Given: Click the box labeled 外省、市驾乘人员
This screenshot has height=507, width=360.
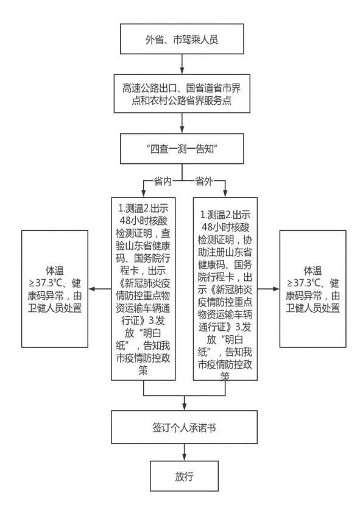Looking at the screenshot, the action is pyautogui.click(x=182, y=39).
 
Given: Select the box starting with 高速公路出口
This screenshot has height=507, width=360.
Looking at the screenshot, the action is pyautogui.click(x=182, y=94).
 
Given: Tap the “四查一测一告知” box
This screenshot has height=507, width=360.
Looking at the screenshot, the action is pyautogui.click(x=182, y=149).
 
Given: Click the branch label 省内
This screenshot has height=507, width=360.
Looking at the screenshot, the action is pyautogui.click(x=163, y=182).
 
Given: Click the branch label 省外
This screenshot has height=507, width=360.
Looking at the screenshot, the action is pyautogui.click(x=204, y=182).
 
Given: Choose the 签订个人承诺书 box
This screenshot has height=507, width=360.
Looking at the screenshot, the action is pyautogui.click(x=184, y=427).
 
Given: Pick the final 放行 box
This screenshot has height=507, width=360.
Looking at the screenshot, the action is pyautogui.click(x=184, y=476).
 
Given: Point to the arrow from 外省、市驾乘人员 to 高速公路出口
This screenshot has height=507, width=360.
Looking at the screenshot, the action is pyautogui.click(x=182, y=65).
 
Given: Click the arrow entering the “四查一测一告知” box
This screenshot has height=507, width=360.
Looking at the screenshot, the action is pyautogui.click(x=182, y=123).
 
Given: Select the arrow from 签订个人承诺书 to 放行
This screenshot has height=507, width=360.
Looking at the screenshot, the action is pyautogui.click(x=184, y=452).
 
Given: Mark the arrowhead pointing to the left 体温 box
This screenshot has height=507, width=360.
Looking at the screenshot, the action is pyautogui.click(x=92, y=289).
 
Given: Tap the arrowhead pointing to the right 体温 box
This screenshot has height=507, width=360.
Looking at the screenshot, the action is pyautogui.click(x=276, y=289).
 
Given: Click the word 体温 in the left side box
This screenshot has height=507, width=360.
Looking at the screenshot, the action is pyautogui.click(x=55, y=271).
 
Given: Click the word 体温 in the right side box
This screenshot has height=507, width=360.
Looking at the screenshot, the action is pyautogui.click(x=312, y=271).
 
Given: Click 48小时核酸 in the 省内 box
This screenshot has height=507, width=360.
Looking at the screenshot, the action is pyautogui.click(x=144, y=221).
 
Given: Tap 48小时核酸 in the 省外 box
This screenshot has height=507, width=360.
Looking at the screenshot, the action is pyautogui.click(x=225, y=227).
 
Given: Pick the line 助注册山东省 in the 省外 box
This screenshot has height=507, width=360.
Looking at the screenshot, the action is pyautogui.click(x=225, y=252).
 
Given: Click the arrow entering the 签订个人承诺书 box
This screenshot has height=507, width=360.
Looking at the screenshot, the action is pyautogui.click(x=184, y=403).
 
